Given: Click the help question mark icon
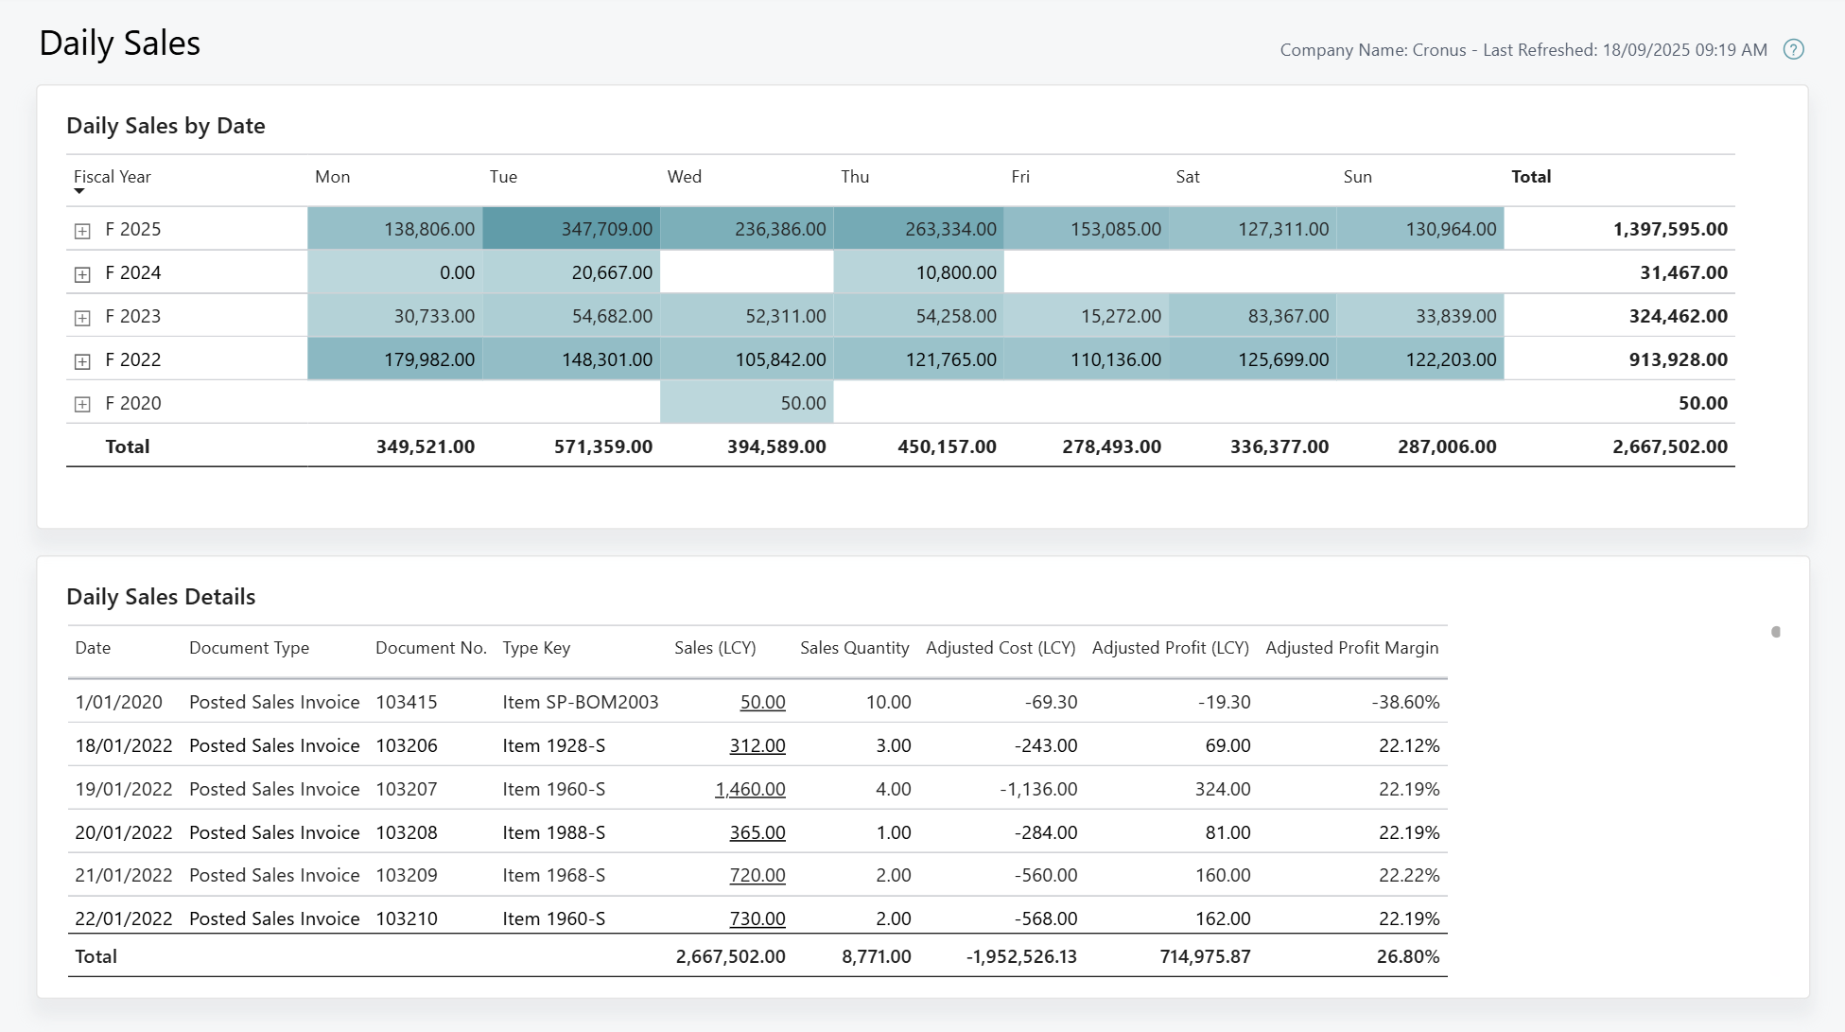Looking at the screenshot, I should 1793,49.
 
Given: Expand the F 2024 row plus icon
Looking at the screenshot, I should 82,274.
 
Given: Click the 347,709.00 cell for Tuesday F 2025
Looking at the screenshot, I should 606,229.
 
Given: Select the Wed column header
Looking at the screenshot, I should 684,177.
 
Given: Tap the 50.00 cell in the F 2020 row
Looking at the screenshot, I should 803,403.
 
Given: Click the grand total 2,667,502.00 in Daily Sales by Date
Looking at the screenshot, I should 1669,446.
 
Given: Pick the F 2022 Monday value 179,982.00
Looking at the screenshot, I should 428,359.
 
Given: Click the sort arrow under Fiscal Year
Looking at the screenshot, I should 79,192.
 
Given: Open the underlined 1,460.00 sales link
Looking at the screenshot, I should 750,789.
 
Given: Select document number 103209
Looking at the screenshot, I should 407,875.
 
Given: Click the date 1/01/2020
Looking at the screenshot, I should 119,702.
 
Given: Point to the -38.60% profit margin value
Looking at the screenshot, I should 1405,702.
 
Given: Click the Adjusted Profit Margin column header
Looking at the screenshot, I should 1351,648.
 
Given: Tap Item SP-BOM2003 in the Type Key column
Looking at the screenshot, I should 580,702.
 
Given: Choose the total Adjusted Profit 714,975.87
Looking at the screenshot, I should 1205,956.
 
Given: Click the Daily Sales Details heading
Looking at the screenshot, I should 161,597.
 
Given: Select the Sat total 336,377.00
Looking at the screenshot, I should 1279,446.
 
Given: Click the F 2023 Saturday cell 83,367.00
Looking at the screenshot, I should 1288,316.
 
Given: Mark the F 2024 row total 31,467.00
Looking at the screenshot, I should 1682,272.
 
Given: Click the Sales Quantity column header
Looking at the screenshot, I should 854,648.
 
